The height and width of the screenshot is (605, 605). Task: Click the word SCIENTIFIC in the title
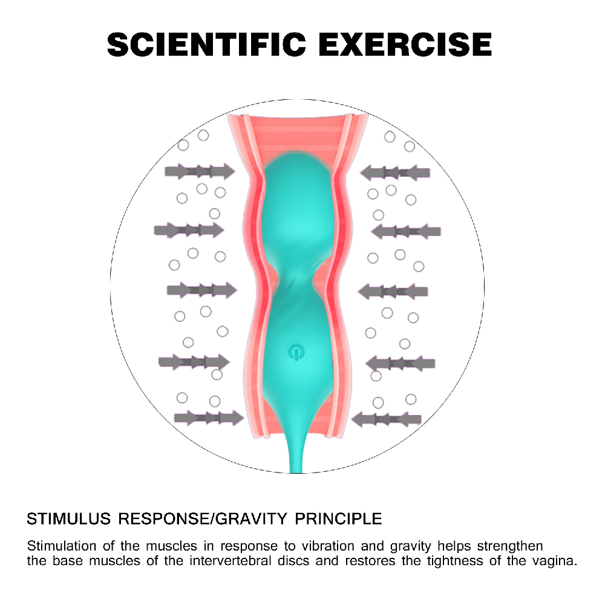(x=206, y=44)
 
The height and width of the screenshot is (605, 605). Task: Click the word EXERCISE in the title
(x=405, y=44)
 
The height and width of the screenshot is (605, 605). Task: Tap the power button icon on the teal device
(x=296, y=352)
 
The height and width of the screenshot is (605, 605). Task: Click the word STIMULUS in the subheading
(x=69, y=519)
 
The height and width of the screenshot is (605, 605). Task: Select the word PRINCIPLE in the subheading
(x=338, y=519)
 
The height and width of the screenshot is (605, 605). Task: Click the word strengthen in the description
(x=509, y=547)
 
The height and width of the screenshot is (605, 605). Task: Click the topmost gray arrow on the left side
(x=200, y=171)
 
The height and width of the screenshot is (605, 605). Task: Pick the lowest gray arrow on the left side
(x=209, y=418)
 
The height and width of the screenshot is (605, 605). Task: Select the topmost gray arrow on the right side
(x=395, y=172)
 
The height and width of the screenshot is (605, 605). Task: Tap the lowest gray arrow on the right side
(x=386, y=419)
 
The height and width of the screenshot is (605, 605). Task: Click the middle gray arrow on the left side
(x=202, y=290)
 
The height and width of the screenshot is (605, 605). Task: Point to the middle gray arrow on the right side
(x=393, y=292)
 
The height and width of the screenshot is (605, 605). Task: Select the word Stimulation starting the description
(x=62, y=546)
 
